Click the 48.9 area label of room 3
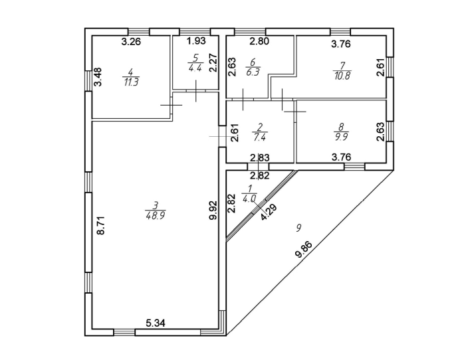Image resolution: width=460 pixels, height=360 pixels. click(x=155, y=215)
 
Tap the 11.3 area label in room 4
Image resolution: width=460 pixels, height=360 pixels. click(x=131, y=82)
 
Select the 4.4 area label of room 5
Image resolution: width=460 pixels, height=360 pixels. click(x=195, y=68)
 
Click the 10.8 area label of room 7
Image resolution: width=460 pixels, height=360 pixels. click(x=342, y=75)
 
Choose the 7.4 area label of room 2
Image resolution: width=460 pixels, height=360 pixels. click(x=259, y=139)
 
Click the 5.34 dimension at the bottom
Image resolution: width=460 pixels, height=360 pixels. click(x=156, y=323)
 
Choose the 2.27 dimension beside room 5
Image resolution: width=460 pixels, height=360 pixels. click(x=214, y=62)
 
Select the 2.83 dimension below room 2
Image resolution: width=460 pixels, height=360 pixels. click(x=259, y=158)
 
